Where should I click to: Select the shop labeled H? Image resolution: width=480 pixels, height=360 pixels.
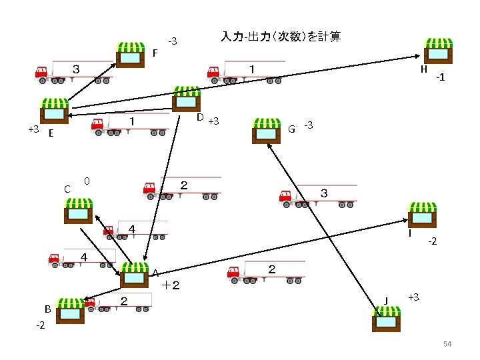pyautogui.click(x=439, y=50)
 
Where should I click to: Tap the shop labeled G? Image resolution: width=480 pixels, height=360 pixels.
pyautogui.click(x=267, y=131)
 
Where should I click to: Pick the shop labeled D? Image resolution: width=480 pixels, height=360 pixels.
pyautogui.click(x=186, y=100)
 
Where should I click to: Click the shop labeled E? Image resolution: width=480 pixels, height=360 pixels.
pyautogui.click(x=55, y=111)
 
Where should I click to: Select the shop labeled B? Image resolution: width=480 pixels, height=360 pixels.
pyautogui.click(x=69, y=310)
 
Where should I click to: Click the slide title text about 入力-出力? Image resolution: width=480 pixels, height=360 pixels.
pyautogui.click(x=281, y=37)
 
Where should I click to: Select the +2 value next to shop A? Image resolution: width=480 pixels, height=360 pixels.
pyautogui.click(x=171, y=285)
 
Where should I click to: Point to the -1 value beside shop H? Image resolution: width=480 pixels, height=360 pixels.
pyautogui.click(x=439, y=78)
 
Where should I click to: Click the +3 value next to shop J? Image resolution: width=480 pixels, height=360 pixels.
pyautogui.click(x=413, y=296)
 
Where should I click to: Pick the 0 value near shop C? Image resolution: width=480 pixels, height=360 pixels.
pyautogui.click(x=87, y=181)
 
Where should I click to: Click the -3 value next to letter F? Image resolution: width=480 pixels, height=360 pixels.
pyautogui.click(x=172, y=42)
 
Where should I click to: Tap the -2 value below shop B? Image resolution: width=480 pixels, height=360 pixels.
pyautogui.click(x=40, y=326)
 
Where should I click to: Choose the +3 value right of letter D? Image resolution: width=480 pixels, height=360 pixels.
pyautogui.click(x=214, y=121)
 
